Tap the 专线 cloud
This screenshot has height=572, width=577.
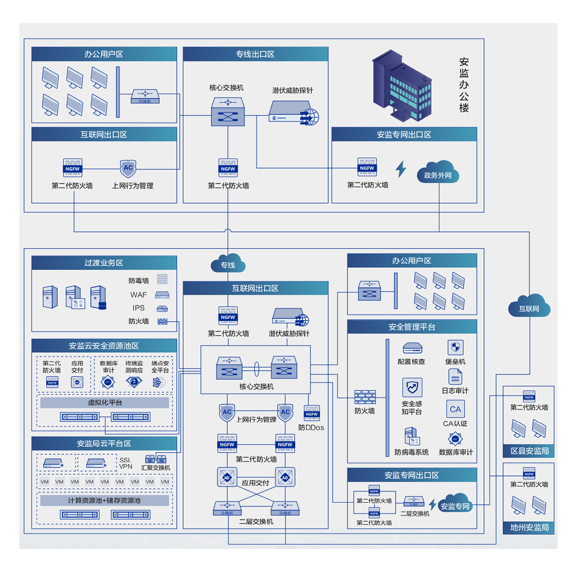coord(228,264)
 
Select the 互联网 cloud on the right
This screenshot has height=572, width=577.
coord(529,307)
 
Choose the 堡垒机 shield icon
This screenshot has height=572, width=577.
coord(456,348)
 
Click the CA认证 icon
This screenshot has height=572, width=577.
coord(455,409)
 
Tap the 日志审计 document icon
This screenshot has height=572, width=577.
coord(455,377)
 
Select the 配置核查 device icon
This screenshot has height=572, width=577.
coord(412,348)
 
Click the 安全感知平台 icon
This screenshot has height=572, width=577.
coord(412,387)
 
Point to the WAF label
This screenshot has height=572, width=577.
coord(138,295)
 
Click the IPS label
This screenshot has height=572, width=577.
coord(138,308)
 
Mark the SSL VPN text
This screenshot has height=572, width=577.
coord(126,463)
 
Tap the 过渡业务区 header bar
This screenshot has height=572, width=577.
coord(104,263)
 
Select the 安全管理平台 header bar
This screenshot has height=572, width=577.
coord(412,327)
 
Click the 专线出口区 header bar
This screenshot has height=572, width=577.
coord(255,54)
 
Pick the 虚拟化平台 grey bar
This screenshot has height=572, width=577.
coord(105,403)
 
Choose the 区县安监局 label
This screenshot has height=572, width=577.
coord(529,451)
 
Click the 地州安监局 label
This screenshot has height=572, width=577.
coord(529,527)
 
